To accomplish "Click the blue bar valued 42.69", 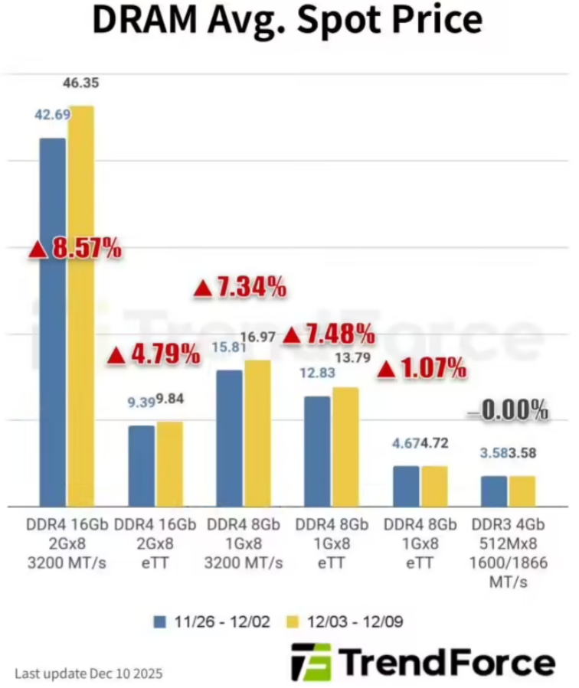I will pyautogui.click(x=52, y=321).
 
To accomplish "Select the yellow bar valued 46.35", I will pyautogui.click(x=80, y=306).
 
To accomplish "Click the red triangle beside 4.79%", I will pyautogui.click(x=116, y=355).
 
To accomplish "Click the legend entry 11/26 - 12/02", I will pyautogui.click(x=212, y=621).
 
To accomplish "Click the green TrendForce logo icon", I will pyautogui.click(x=311, y=662).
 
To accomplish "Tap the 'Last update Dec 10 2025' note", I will pyautogui.click(x=88, y=673).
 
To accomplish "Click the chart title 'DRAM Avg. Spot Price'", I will pyautogui.click(x=287, y=21).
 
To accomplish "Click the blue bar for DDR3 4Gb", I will pyautogui.click(x=494, y=491).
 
